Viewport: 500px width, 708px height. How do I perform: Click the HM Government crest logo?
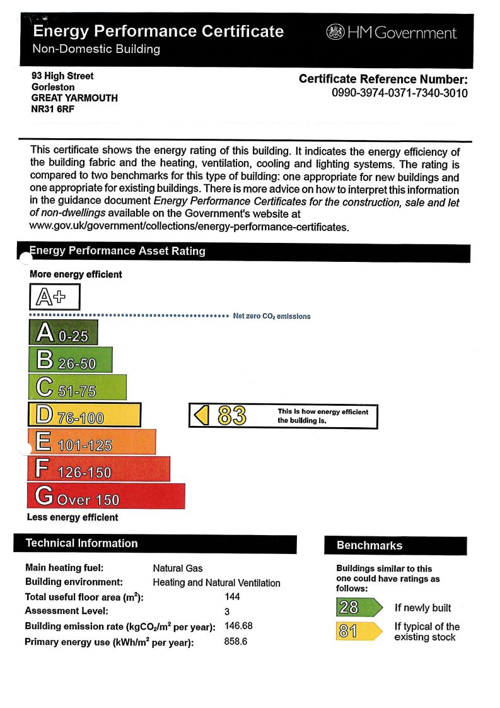point(335,32)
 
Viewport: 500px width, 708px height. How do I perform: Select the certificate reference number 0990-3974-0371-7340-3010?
point(399,93)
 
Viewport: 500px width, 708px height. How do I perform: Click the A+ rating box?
point(55,296)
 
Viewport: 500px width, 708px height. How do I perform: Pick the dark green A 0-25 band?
point(63,333)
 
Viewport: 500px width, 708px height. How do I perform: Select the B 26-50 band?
point(70,360)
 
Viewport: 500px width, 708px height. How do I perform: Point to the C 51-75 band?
point(77,387)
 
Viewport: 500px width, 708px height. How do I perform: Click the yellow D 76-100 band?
point(84,415)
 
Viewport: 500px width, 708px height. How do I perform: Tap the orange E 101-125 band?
point(91,442)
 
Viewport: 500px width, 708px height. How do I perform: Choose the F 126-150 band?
point(98,469)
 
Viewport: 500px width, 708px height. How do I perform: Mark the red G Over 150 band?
point(106,496)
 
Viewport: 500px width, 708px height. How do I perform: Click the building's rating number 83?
point(232,416)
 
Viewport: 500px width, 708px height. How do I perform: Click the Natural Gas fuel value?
point(178,568)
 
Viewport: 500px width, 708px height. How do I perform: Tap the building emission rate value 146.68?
point(238,626)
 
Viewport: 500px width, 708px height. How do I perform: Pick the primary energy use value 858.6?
point(236,642)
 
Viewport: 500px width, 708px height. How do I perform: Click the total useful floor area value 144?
point(232,596)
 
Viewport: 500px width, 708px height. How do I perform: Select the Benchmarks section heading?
point(369,545)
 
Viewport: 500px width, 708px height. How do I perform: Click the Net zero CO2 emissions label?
point(272,316)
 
